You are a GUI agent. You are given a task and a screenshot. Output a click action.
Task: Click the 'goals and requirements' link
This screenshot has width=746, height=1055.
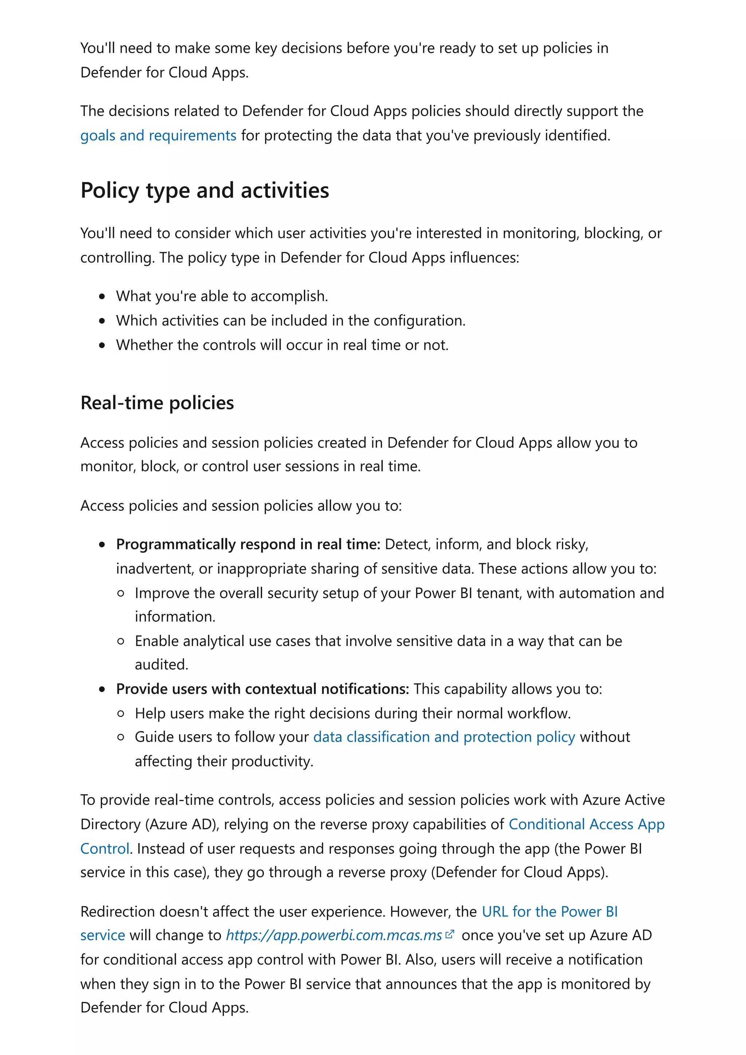pyautogui.click(x=158, y=135)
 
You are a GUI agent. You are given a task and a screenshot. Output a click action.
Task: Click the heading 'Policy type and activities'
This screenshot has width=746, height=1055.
pyautogui.click(x=205, y=190)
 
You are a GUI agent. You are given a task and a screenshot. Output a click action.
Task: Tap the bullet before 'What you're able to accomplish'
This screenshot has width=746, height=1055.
pyautogui.click(x=102, y=296)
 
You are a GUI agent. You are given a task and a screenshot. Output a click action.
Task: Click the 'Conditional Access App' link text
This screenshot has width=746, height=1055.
pyautogui.click(x=586, y=824)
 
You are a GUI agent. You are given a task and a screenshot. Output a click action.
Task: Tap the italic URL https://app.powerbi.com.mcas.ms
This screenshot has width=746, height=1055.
pyautogui.click(x=334, y=935)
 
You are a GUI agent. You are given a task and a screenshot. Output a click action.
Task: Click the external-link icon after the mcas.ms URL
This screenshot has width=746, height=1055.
pyautogui.click(x=449, y=934)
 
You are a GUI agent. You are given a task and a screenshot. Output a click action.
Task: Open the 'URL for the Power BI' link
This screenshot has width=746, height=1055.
pyautogui.click(x=549, y=911)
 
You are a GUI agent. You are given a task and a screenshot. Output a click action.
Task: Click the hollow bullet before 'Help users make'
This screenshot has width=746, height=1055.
pyautogui.click(x=121, y=714)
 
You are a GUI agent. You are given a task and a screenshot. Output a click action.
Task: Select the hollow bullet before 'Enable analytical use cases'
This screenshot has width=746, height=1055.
pyautogui.click(x=121, y=641)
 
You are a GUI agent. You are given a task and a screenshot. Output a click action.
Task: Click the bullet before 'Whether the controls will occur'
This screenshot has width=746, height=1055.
pyautogui.click(x=102, y=345)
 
